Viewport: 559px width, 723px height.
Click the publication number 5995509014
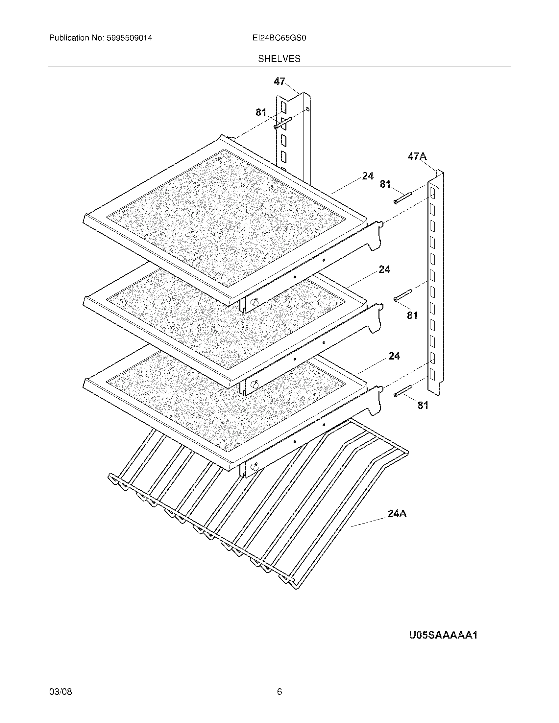point(129,38)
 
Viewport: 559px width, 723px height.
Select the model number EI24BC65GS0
point(279,38)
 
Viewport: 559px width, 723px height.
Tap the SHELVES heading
point(279,59)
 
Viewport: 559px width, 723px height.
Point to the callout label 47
point(279,82)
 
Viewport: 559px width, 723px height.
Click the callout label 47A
point(417,156)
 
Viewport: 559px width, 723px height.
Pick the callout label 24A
point(397,514)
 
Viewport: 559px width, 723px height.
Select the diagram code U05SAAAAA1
point(443,635)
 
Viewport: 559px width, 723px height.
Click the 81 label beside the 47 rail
point(261,113)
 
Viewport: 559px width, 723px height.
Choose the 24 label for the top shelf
point(368,176)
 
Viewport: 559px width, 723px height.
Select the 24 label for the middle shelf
point(384,269)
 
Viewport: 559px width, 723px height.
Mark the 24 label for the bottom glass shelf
point(394,356)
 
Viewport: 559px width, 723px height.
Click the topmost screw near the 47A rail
point(402,198)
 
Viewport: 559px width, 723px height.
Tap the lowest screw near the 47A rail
point(403,390)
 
